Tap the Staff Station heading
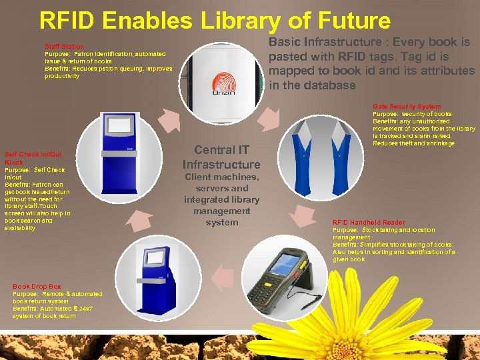click(64, 47)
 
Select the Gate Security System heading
click(407, 107)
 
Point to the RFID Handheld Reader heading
click(369, 223)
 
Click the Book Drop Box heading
click(37, 287)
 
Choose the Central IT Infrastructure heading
click(221, 157)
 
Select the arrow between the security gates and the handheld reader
click(303, 213)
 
